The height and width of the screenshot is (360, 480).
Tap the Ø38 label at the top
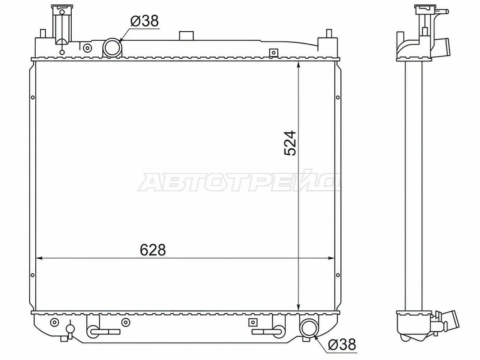click(144, 21)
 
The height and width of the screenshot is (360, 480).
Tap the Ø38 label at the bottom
click(342, 345)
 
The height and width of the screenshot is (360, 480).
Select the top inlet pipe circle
click(112, 47)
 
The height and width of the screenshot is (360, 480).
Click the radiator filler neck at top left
click(62, 24)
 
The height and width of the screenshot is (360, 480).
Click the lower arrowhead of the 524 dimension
click(299, 307)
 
